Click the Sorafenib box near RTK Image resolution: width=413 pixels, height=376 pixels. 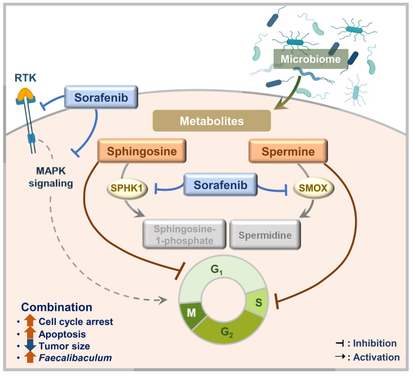click(x=101, y=97)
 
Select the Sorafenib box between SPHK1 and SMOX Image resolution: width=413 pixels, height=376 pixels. click(x=220, y=185)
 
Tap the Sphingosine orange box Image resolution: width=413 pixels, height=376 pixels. click(x=142, y=151)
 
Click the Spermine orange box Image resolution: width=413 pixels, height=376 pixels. click(x=288, y=151)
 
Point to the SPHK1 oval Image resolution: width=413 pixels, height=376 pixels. click(x=127, y=188)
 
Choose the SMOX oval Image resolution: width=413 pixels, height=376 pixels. click(x=313, y=188)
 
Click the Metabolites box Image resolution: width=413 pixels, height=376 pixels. click(x=212, y=121)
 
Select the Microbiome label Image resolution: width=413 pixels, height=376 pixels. click(x=311, y=59)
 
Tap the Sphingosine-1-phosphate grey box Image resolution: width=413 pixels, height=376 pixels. click(x=184, y=235)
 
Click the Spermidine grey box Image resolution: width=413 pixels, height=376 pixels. click(x=265, y=235)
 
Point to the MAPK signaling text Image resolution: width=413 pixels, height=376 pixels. click(x=51, y=177)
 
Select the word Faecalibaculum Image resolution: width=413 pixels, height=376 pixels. click(x=75, y=358)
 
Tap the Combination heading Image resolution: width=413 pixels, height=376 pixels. click(x=56, y=307)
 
